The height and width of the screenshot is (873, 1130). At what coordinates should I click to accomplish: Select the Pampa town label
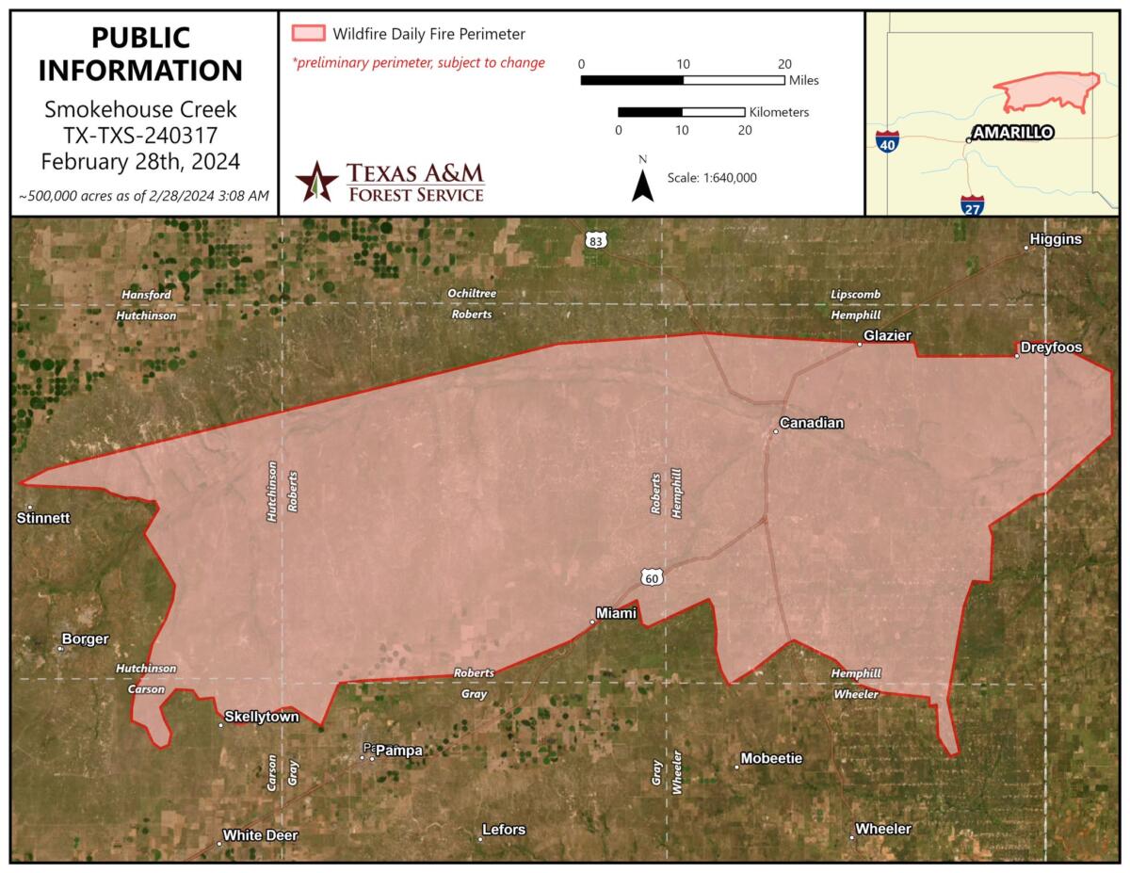click(x=398, y=751)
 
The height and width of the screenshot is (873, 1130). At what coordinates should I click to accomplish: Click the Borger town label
click(x=85, y=639)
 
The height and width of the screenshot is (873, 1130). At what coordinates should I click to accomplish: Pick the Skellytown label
click(x=261, y=717)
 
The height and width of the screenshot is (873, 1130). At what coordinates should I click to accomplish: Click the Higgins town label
click(x=1056, y=239)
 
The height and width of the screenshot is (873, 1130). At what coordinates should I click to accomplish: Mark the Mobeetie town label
click(x=771, y=758)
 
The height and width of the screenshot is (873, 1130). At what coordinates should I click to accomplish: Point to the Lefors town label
click(x=503, y=830)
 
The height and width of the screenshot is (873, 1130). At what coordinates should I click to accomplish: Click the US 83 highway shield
click(x=595, y=239)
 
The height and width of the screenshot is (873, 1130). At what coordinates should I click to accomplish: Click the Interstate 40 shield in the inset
click(x=887, y=143)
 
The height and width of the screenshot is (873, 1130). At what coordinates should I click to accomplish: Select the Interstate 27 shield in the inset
click(x=973, y=205)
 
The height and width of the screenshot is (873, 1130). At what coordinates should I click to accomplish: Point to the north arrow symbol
click(x=643, y=185)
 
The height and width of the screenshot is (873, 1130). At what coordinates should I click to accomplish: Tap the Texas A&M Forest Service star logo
click(x=316, y=181)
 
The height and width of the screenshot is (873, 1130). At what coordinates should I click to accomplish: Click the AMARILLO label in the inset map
click(x=1012, y=133)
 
